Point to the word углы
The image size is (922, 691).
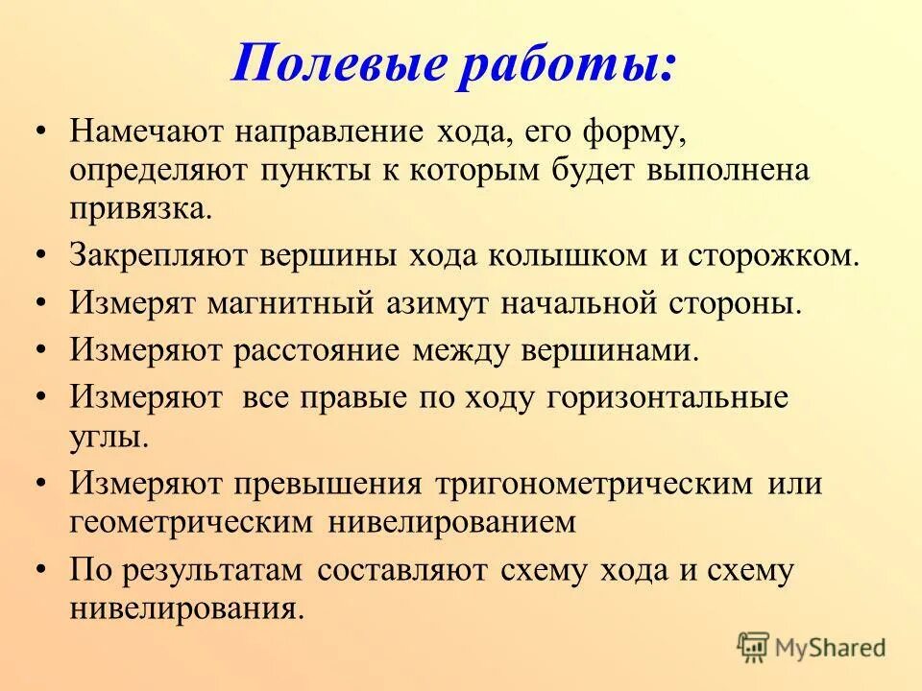109,437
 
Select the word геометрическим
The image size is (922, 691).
192,522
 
